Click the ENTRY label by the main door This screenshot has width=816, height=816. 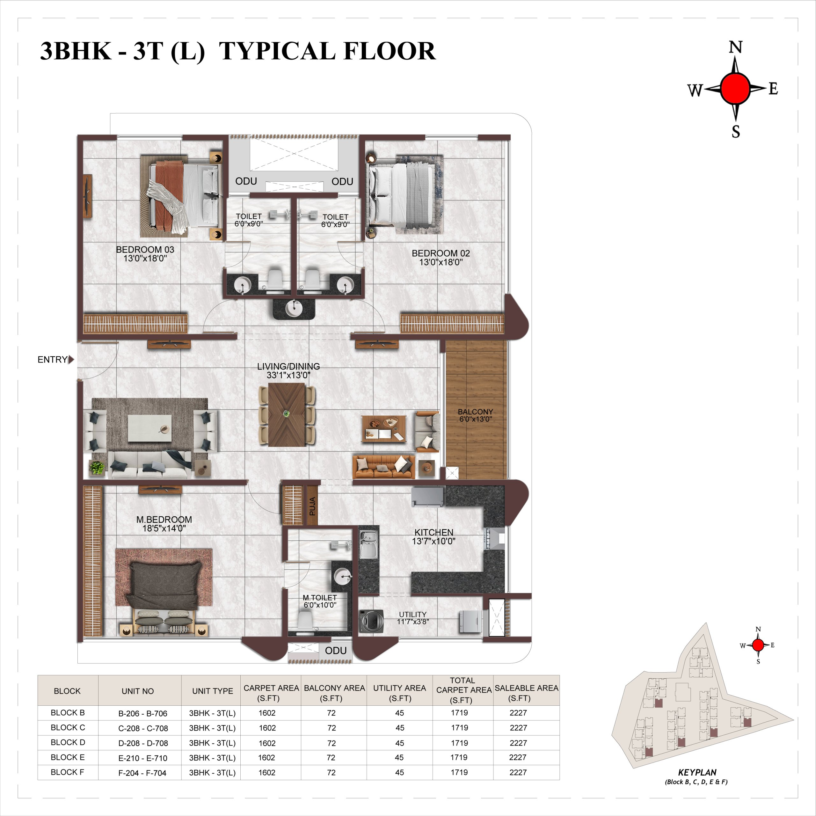(x=52, y=360)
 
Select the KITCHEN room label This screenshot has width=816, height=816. (x=434, y=532)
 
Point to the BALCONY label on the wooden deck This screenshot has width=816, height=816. (x=475, y=412)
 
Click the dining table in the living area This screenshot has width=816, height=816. (x=287, y=414)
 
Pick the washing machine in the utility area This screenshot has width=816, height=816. (x=371, y=621)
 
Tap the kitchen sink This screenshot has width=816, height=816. (x=368, y=544)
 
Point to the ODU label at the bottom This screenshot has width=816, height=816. (x=336, y=651)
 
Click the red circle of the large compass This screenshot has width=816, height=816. (x=735, y=88)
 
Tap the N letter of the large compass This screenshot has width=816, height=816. (x=736, y=47)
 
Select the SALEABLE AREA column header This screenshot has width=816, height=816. (x=526, y=693)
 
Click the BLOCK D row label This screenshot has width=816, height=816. (x=68, y=742)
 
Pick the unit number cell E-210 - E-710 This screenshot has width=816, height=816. (x=143, y=758)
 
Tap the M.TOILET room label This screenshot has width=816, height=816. (x=320, y=598)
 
